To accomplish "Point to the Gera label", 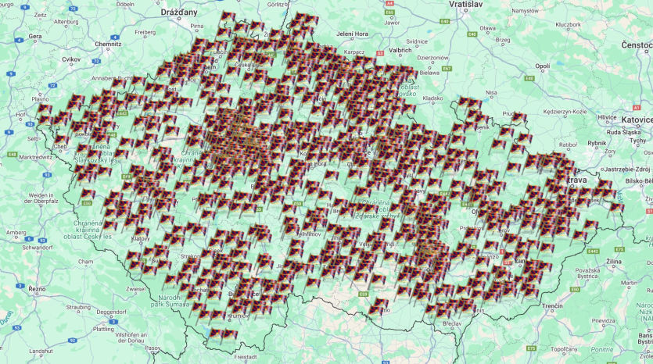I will [x=35, y=36].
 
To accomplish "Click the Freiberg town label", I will [x=145, y=32].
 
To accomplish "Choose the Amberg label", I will [x=16, y=232].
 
